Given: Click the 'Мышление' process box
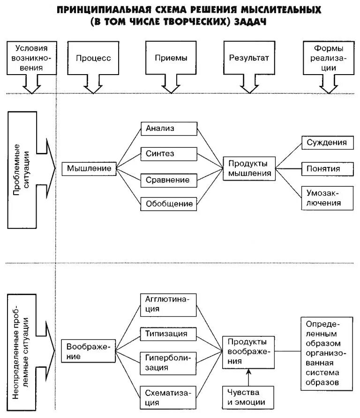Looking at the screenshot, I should pos(89,168).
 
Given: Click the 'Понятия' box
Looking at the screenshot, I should pos(327,168).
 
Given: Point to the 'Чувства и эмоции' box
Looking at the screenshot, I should pos(247,397).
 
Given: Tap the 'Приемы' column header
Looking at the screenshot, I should pos(171,58).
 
